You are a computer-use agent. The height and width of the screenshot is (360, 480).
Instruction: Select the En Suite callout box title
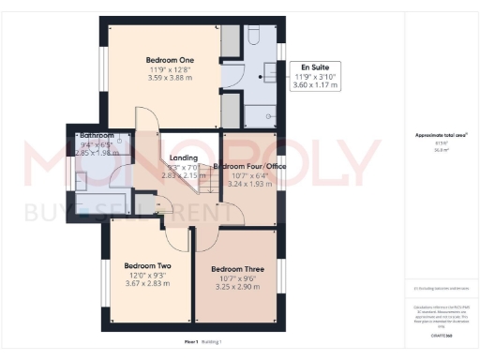pos(314,67)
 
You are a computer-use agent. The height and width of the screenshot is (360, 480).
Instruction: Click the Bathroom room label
pos(97,136)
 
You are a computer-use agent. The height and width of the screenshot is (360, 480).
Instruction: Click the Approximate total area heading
pos(441,135)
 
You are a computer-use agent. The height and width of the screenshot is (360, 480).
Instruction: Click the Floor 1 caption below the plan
pos(191,343)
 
